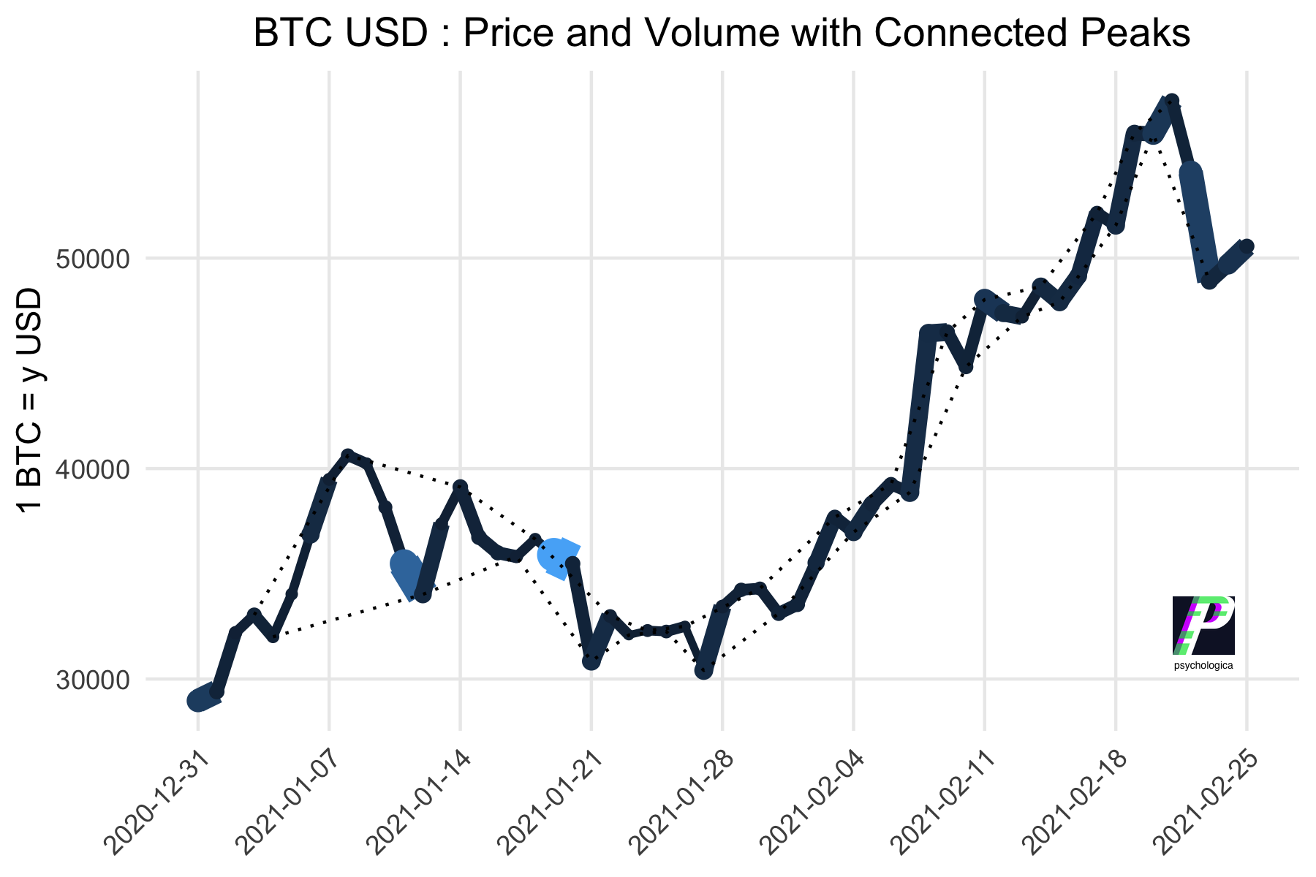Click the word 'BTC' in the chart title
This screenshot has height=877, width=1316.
pyautogui.click(x=287, y=34)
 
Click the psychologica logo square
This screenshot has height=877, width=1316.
pyautogui.click(x=1203, y=625)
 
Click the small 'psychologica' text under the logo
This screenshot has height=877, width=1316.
pyautogui.click(x=1203, y=666)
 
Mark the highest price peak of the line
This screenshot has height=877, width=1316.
pyautogui.click(x=1171, y=101)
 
